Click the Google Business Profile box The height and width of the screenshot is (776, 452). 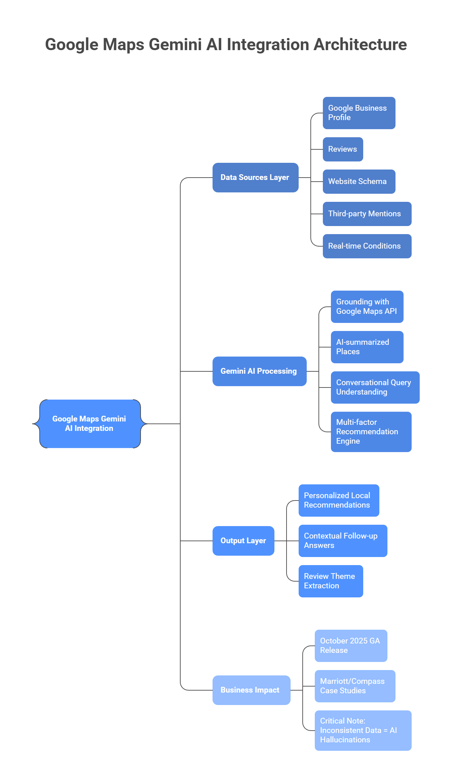pos(359,113)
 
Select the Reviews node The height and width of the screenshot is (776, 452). pos(343,149)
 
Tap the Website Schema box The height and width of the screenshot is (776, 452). pos(359,182)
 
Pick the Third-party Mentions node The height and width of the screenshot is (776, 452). pos(367,214)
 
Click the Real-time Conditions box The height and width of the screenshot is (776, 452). pos(367,246)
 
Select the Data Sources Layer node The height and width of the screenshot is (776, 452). pos(255,178)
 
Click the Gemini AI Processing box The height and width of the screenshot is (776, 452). pos(259,371)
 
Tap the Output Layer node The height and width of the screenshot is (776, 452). pos(243,541)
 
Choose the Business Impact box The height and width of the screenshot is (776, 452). pos(251,690)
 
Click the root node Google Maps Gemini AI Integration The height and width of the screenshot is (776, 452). pos(90,424)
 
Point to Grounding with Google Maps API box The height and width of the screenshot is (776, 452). pos(367,307)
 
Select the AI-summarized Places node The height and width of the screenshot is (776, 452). pos(367,347)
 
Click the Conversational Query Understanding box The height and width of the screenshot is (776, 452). pos(375,387)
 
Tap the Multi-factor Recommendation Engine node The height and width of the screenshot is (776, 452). pos(371,432)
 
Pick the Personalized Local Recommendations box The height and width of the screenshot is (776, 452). pos(339,501)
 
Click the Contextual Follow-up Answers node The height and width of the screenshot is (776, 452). pos(343,541)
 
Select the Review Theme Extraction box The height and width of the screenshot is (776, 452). pos(331,581)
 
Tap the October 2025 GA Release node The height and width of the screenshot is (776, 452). pos(351,646)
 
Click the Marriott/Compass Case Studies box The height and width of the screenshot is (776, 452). pos(355,686)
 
